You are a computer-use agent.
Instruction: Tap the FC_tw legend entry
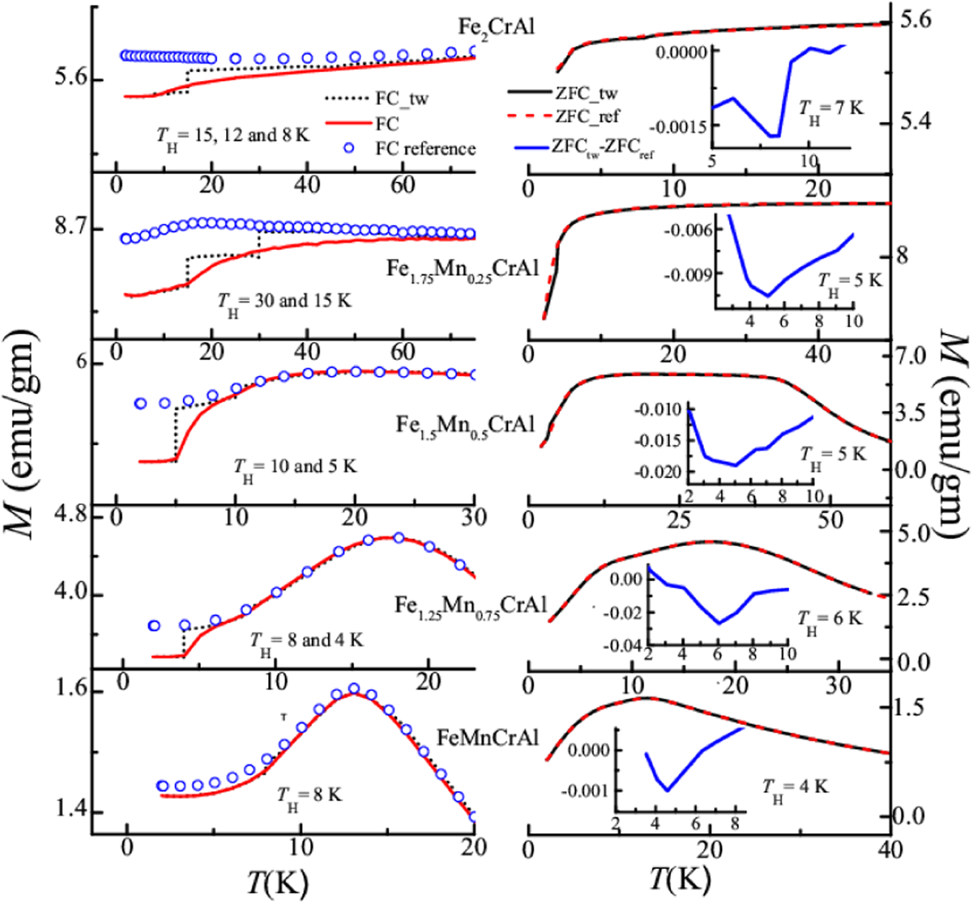pos(402,98)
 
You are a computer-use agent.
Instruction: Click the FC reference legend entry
pos(426,149)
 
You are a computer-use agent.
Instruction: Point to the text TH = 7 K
pos(831,110)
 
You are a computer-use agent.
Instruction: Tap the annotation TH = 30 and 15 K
pos(284,302)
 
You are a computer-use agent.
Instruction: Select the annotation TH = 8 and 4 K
pos(306,642)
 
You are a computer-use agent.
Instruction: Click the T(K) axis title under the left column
pos(278,882)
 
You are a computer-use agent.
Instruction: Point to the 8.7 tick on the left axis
pos(68,229)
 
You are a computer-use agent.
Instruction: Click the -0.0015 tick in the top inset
pos(680,126)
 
